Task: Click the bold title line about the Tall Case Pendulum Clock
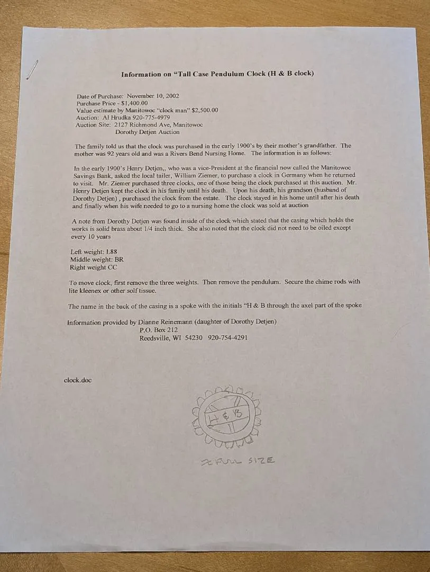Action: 217,74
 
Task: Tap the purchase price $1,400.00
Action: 134,103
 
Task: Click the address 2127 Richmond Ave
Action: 139,125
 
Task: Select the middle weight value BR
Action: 119,260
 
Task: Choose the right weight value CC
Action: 113,267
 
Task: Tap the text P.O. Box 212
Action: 155,330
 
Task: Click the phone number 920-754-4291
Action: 227,337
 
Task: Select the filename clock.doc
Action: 78,380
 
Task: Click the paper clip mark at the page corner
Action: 33,69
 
